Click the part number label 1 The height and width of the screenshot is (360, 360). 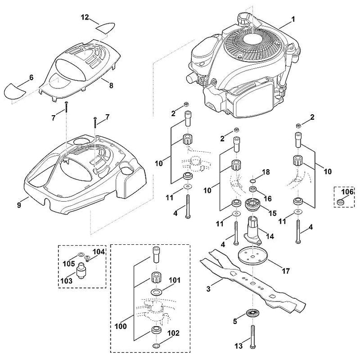coord(293,19)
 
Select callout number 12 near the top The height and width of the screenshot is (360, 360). coord(85,17)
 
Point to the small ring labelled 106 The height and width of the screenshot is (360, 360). coord(340,202)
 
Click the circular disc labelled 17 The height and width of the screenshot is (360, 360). coord(252,257)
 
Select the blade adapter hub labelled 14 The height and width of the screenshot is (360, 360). coord(253,231)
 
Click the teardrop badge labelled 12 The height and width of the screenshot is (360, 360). coord(105,27)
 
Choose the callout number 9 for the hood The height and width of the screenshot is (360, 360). coord(19,205)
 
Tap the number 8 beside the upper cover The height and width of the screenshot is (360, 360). coord(111,85)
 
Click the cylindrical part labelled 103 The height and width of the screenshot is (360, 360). coord(82,271)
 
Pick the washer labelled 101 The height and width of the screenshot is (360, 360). coord(156,292)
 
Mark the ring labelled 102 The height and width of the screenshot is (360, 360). coord(156,346)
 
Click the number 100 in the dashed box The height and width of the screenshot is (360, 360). coord(121,326)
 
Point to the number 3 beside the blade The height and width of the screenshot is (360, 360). coord(208,289)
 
